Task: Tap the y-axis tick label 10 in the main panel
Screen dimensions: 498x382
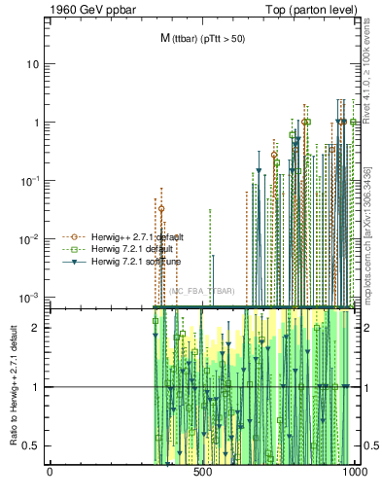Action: click(33, 64)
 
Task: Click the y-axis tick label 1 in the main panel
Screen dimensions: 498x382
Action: click(36, 123)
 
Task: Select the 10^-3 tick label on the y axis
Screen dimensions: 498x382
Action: click(31, 296)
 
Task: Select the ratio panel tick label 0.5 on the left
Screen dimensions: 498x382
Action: click(33, 445)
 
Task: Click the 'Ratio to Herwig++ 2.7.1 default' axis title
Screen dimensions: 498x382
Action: click(14, 385)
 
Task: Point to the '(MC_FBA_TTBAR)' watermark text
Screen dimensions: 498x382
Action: click(201, 291)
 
